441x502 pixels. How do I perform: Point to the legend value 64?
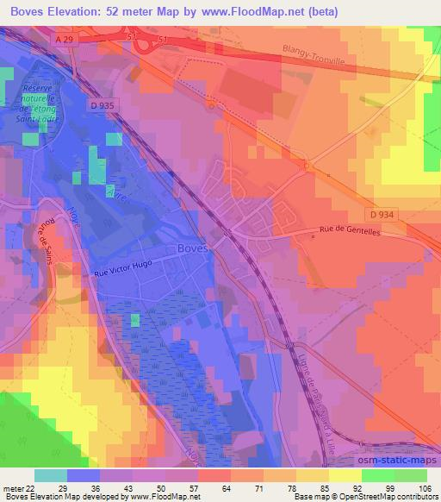tap(227, 488)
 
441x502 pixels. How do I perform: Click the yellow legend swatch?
tap(345, 475)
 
